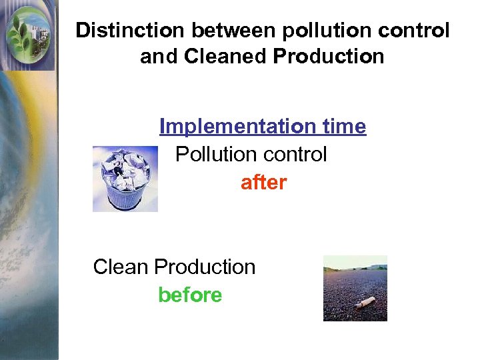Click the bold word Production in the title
(329, 57)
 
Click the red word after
(263, 183)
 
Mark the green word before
(190, 295)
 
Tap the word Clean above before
(121, 267)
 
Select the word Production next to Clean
(205, 267)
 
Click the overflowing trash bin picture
(125, 179)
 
